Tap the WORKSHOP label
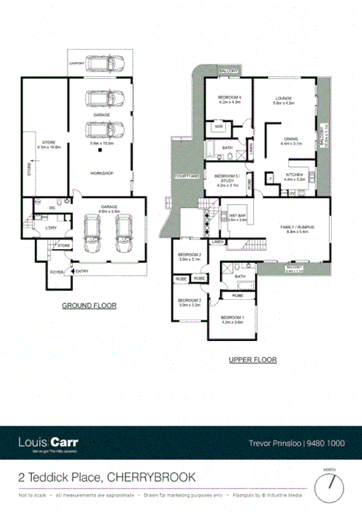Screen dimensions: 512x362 (99, 172)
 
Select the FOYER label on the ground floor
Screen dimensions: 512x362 (56, 273)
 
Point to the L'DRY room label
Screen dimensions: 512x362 (51, 228)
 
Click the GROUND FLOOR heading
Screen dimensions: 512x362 (89, 305)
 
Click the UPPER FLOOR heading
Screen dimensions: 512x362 (253, 360)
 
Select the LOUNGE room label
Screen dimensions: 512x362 (281, 98)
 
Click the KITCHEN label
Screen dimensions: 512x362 (294, 175)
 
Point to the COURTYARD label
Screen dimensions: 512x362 (187, 176)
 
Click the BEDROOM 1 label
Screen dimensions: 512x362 (232, 317)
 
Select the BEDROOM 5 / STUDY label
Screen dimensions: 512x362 (227, 178)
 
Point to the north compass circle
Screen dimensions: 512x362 (335, 486)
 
